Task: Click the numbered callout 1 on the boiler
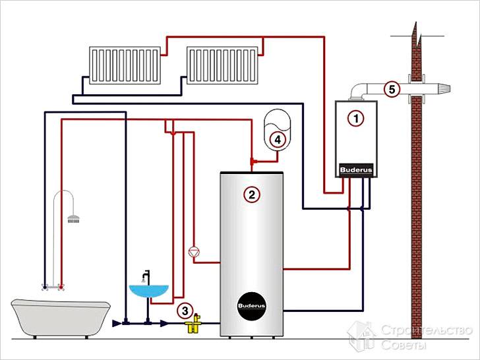356,119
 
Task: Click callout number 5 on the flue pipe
391,89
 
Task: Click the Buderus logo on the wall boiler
356,170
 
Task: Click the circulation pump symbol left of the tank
193,251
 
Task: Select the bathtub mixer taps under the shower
53,286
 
